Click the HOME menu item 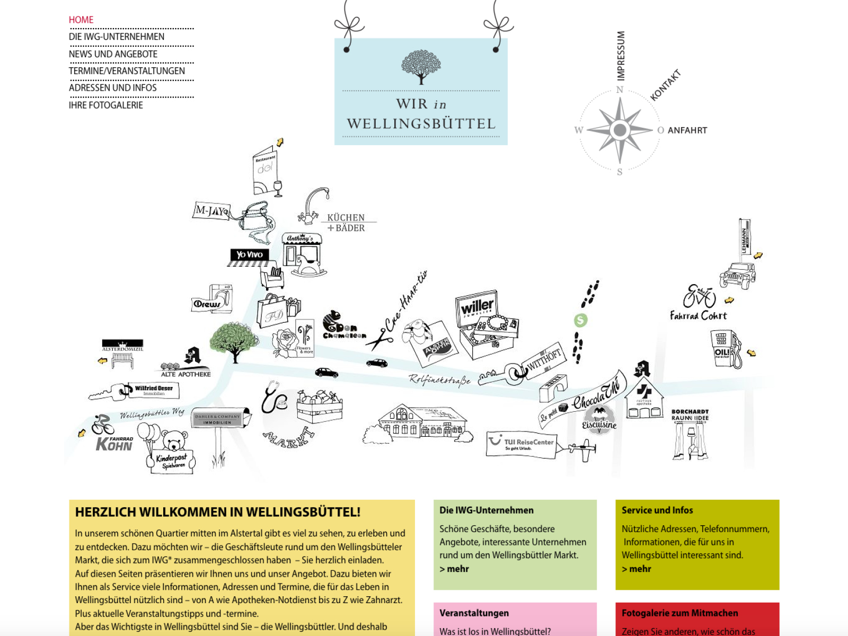[81, 20]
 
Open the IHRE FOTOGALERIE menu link [106, 105]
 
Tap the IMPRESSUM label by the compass [621, 56]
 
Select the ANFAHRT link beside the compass [687, 130]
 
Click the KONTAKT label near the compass [665, 85]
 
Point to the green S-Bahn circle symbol [581, 320]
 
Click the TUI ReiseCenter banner [522, 444]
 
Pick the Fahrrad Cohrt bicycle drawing [699, 297]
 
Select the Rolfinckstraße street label [439, 379]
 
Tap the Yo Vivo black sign [250, 255]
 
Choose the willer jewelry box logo [477, 307]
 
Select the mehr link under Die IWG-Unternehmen [455, 569]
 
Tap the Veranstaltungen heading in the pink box [474, 613]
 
